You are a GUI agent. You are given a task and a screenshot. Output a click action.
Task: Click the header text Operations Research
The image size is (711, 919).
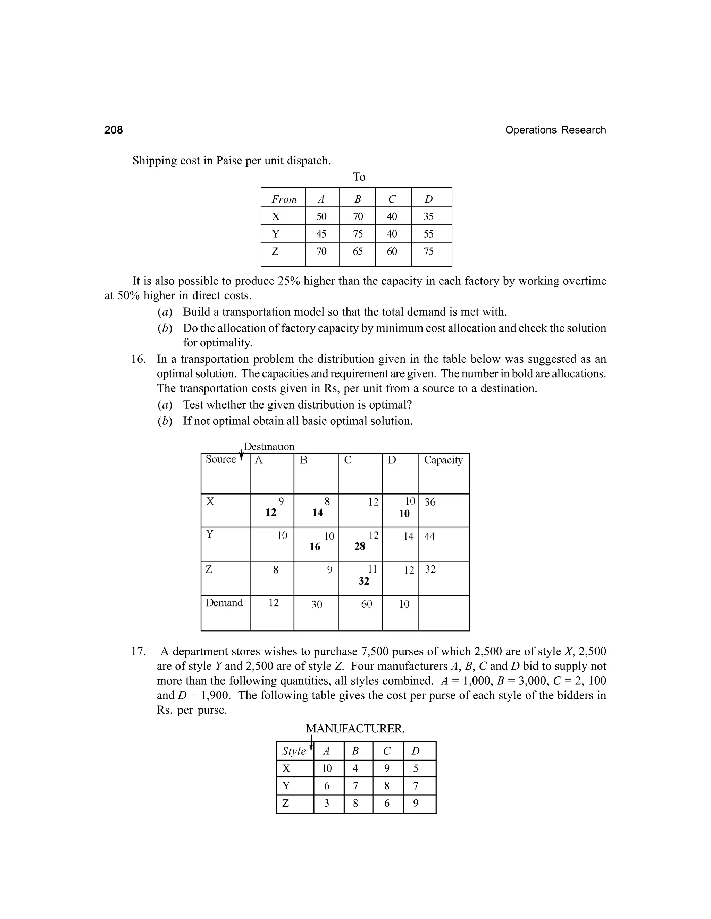[x=555, y=130]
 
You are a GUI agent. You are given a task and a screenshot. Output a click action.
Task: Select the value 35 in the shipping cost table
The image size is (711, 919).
[x=428, y=216]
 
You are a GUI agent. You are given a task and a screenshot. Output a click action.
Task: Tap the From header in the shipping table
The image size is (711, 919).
[x=284, y=199]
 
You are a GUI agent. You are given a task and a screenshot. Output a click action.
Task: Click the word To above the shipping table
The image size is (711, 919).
[x=359, y=177]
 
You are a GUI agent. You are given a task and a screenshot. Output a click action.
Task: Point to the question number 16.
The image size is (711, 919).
[x=138, y=359]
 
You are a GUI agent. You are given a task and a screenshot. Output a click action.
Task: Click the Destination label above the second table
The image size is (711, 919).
[x=269, y=446]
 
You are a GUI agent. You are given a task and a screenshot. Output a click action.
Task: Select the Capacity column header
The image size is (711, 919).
[x=443, y=460]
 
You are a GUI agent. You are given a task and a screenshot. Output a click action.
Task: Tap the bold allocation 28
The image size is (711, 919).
[x=360, y=546]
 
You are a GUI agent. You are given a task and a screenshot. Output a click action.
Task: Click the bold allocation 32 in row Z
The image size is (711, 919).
[x=363, y=581]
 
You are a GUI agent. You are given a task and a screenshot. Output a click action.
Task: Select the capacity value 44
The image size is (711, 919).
[x=430, y=536]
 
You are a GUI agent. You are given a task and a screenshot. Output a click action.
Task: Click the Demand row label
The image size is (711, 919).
[x=224, y=603]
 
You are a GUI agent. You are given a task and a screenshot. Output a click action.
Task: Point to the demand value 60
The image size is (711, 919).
[x=367, y=604]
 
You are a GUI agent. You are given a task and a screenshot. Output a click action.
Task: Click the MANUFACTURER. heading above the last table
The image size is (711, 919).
[x=355, y=728]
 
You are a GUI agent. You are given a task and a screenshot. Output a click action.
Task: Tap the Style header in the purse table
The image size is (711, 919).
[x=294, y=751]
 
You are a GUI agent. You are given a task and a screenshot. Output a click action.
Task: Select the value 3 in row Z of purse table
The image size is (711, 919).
[x=326, y=803]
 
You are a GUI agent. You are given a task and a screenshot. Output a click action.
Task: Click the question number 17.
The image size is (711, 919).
[x=138, y=651]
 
